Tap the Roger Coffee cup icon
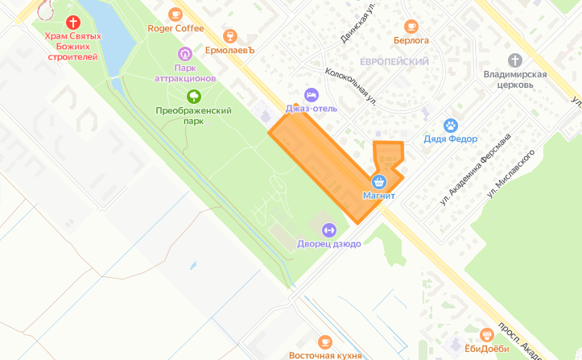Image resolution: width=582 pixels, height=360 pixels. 175,14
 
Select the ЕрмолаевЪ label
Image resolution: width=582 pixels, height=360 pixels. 229,50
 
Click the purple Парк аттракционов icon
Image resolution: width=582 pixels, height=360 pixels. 185,54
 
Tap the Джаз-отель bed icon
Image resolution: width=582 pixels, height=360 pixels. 311,93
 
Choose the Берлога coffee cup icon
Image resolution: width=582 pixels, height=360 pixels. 411,25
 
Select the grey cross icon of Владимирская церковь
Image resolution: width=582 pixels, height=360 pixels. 515,60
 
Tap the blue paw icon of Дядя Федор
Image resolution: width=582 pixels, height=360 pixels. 451,125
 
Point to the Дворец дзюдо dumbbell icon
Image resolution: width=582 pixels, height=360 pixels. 328,230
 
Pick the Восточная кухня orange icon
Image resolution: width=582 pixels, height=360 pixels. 324,341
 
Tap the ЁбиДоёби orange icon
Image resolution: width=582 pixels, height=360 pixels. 486,334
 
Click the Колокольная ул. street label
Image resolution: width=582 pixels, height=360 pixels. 351,86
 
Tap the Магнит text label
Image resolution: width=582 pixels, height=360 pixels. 378,196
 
